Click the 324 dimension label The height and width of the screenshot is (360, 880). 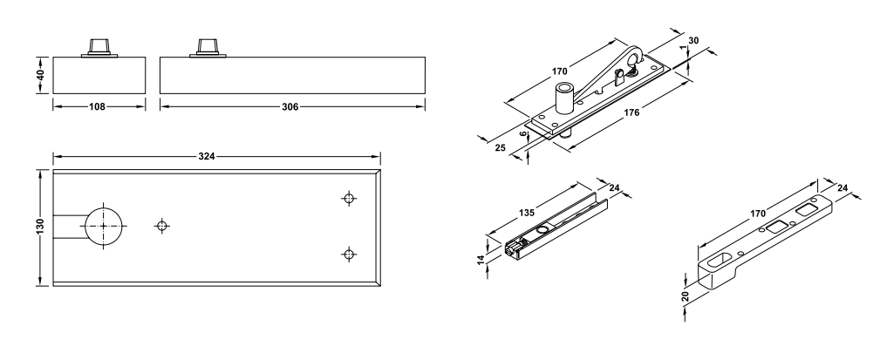(x=207, y=156)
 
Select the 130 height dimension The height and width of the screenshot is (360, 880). (x=40, y=227)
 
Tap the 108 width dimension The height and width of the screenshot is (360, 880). (x=97, y=106)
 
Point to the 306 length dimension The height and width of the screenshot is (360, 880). (x=290, y=106)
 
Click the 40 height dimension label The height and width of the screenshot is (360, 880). (x=40, y=75)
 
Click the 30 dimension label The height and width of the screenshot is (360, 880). (x=693, y=40)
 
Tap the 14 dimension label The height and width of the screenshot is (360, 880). (x=481, y=260)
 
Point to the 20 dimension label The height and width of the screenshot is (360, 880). (x=685, y=296)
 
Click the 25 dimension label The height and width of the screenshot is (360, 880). (x=501, y=147)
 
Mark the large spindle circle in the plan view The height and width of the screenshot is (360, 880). (x=103, y=226)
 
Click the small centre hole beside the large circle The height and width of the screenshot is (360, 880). (x=162, y=226)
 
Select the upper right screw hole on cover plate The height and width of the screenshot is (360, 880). (x=349, y=198)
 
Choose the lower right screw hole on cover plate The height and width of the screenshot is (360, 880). (x=349, y=254)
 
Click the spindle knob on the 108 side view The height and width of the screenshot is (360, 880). (x=99, y=47)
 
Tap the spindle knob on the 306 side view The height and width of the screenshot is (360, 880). (x=208, y=47)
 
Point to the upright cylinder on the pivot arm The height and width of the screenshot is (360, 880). (x=564, y=97)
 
